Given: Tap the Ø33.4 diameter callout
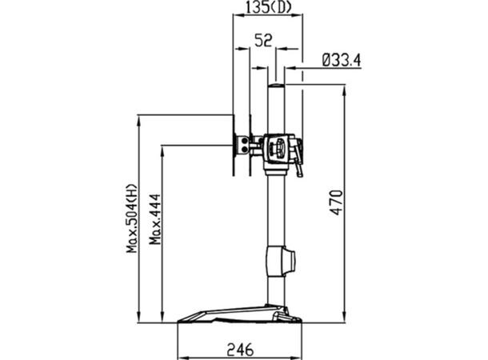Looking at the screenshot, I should (x=342, y=58).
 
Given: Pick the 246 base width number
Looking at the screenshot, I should (x=240, y=349).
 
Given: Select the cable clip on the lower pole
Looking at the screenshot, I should (x=281, y=262).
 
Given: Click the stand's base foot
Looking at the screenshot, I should (x=240, y=316).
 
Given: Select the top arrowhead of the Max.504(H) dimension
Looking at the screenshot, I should (x=138, y=119).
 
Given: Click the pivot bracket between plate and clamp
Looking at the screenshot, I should (x=251, y=145).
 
